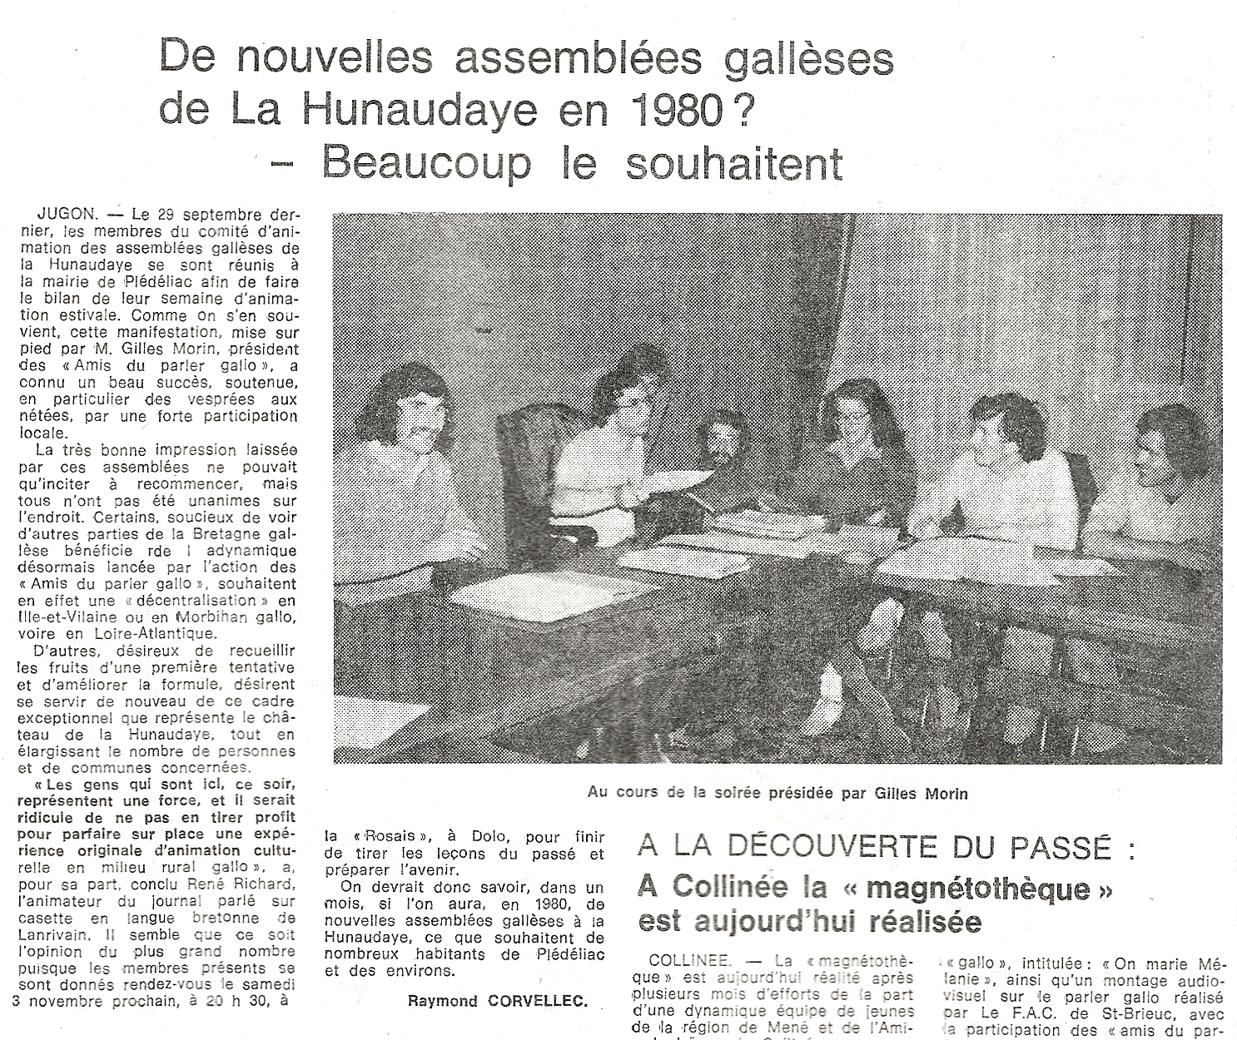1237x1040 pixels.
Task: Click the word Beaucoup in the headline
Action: coord(425,161)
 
